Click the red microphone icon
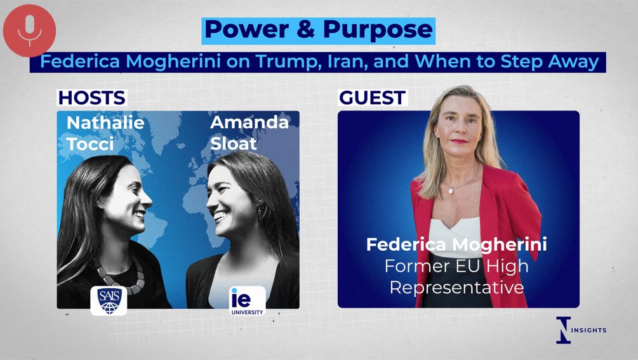coord(29,30)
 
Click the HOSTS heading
coord(92,98)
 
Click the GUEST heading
coord(372,98)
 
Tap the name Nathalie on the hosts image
coord(105,123)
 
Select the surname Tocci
coord(90,144)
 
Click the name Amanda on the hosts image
coord(249,122)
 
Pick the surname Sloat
coord(234,143)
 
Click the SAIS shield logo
coord(109,300)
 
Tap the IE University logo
coord(247,301)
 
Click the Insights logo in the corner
coord(581,330)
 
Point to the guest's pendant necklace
coord(451,190)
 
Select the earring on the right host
coord(259,211)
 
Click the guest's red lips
coord(459,141)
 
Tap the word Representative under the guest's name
coord(456,288)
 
